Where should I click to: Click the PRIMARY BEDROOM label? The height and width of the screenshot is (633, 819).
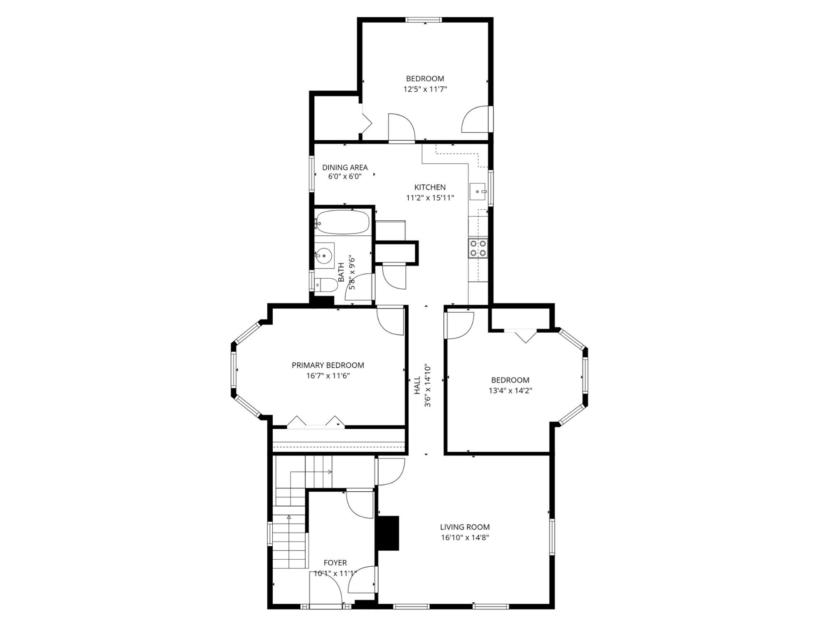click(328, 365)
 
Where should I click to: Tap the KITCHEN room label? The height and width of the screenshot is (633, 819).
click(430, 187)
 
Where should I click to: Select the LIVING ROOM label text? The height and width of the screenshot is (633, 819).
click(464, 527)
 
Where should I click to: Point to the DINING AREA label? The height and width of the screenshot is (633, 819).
click(344, 167)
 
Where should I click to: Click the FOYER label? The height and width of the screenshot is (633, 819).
click(335, 563)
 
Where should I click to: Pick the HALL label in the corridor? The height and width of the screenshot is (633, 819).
click(417, 384)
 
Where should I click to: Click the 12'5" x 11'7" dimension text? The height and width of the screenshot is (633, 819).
click(425, 89)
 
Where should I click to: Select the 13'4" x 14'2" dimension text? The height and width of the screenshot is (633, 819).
click(510, 391)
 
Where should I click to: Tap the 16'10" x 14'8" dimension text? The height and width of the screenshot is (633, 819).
click(464, 537)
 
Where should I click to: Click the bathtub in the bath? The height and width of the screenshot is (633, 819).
click(343, 223)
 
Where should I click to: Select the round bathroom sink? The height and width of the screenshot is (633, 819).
click(324, 256)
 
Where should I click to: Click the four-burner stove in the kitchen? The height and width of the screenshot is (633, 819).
click(478, 248)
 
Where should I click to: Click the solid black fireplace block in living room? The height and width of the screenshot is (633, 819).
click(388, 533)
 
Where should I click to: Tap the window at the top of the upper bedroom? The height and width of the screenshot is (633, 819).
click(423, 19)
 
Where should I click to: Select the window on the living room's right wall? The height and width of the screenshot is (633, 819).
click(552, 537)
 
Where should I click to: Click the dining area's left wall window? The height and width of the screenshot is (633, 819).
click(312, 173)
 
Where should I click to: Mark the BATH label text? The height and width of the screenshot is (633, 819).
click(341, 272)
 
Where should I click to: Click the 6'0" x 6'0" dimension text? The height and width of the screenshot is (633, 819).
click(344, 177)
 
